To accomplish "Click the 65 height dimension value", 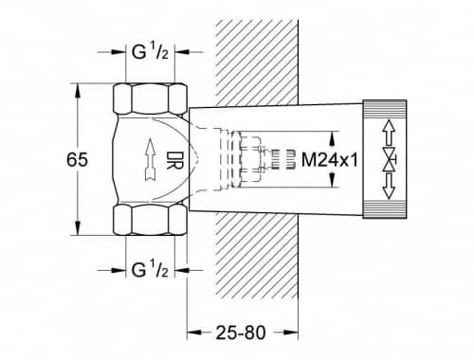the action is point(77,159).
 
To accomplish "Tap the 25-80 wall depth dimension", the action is point(241,333).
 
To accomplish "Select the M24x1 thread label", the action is point(330,160).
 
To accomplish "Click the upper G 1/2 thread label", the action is point(150,51).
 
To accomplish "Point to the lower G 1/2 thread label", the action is point(150,270).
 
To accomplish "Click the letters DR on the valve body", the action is point(174,160).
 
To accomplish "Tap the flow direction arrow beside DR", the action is point(151,160).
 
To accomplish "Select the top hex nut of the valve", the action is point(150,99).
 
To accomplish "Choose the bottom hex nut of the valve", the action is point(150,220).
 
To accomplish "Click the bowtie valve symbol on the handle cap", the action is point(390,159).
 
